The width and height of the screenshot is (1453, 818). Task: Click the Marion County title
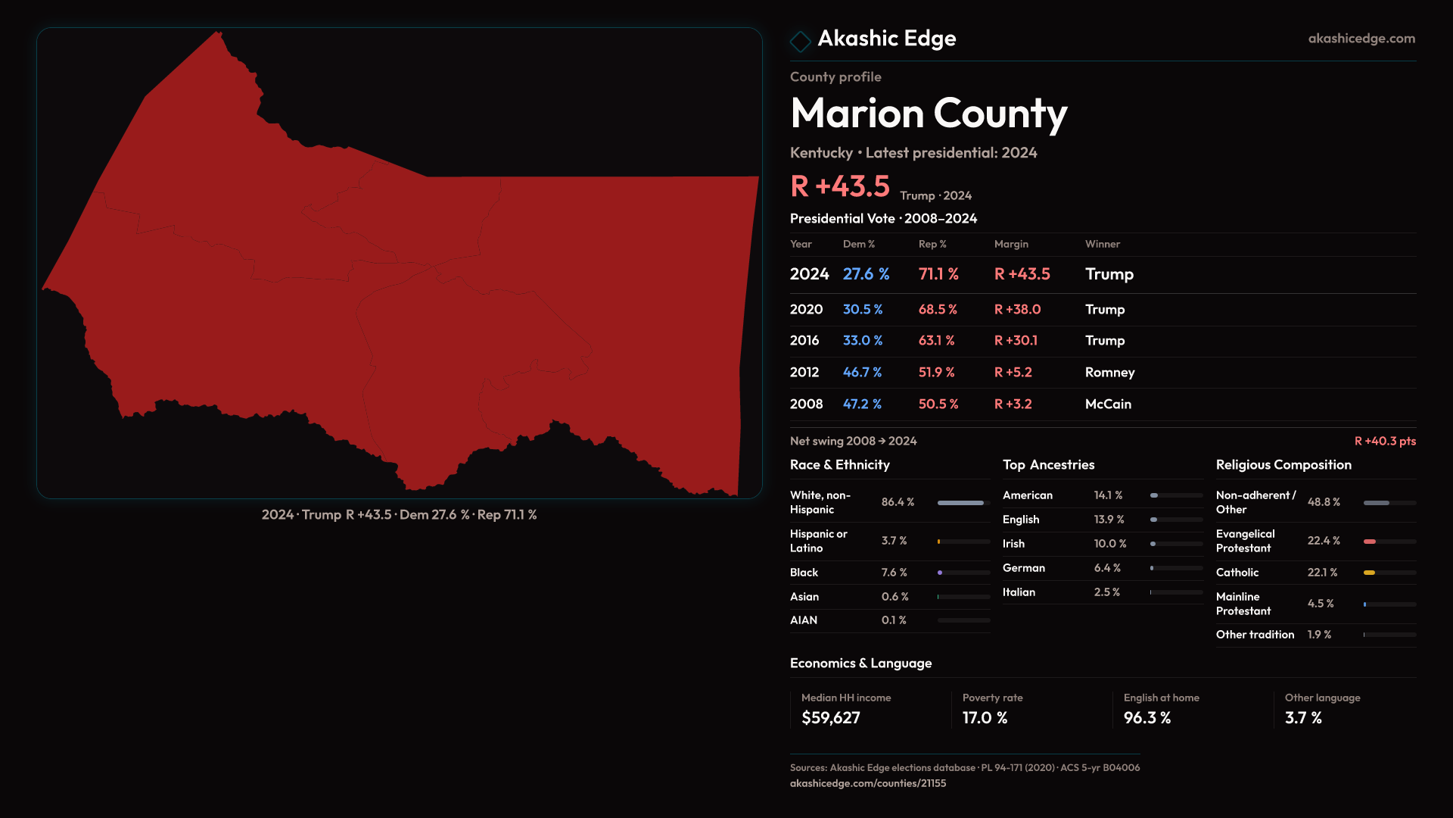(x=929, y=114)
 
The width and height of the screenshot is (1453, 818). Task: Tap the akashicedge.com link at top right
(x=1361, y=39)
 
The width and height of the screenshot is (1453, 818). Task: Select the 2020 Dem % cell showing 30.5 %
(x=863, y=310)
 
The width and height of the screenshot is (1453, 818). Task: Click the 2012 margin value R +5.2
(x=1013, y=373)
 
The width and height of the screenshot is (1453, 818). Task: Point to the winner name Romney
(x=1109, y=373)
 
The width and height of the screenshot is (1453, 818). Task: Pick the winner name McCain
(x=1108, y=404)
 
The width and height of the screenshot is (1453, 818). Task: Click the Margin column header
(x=1011, y=244)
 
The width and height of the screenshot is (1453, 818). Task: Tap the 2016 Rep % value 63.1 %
(x=936, y=341)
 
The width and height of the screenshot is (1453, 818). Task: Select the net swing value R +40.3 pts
(x=1385, y=441)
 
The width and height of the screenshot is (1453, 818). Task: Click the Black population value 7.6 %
(x=894, y=573)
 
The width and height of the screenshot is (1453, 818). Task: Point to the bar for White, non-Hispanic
(x=961, y=503)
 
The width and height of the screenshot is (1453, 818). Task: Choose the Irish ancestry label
(x=1013, y=544)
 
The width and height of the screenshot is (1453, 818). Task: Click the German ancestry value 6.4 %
(x=1107, y=568)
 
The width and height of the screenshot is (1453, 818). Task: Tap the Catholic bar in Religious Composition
(x=1369, y=573)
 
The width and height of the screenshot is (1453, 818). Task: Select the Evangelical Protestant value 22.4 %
(x=1324, y=541)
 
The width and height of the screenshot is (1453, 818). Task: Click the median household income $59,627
(x=831, y=718)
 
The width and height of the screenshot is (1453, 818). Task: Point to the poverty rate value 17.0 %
(x=985, y=718)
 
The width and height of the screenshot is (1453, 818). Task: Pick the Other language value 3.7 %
(x=1303, y=718)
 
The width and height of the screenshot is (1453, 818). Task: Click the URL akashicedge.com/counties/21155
(x=868, y=783)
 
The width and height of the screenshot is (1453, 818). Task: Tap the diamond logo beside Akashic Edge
(x=800, y=41)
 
